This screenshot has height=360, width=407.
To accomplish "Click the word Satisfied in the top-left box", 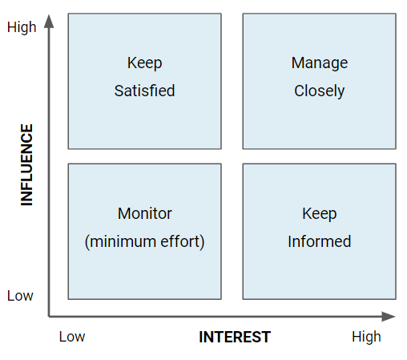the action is tap(144, 91).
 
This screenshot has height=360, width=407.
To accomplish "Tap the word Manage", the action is tap(320, 63).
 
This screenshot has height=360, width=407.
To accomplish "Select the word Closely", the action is tap(320, 91).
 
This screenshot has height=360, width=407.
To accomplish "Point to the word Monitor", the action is tap(145, 213).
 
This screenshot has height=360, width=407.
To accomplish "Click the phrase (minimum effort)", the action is tap(144, 242).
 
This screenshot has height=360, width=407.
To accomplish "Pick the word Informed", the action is tap(320, 241).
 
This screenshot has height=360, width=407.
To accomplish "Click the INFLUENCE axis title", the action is tap(26, 164).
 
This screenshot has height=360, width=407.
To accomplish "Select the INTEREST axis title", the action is tap(235, 337).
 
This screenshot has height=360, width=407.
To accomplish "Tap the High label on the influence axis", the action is tap(22, 27).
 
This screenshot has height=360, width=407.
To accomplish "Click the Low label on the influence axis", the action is tap(20, 296).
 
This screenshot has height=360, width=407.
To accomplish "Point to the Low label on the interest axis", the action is tap(72, 337).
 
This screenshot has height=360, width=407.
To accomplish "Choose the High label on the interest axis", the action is tap(366, 337).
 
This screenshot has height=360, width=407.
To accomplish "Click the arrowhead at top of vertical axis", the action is tap(49, 21).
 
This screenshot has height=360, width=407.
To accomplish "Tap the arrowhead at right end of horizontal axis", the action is tap(389, 317).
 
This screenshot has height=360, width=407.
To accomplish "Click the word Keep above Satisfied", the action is tap(144, 63).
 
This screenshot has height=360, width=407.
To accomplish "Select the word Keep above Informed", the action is tap(320, 214).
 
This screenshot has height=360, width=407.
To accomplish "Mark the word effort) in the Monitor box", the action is tap(183, 242).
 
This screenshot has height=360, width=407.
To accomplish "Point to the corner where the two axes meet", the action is tap(49, 317).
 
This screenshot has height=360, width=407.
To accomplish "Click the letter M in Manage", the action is tap(297, 63).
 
